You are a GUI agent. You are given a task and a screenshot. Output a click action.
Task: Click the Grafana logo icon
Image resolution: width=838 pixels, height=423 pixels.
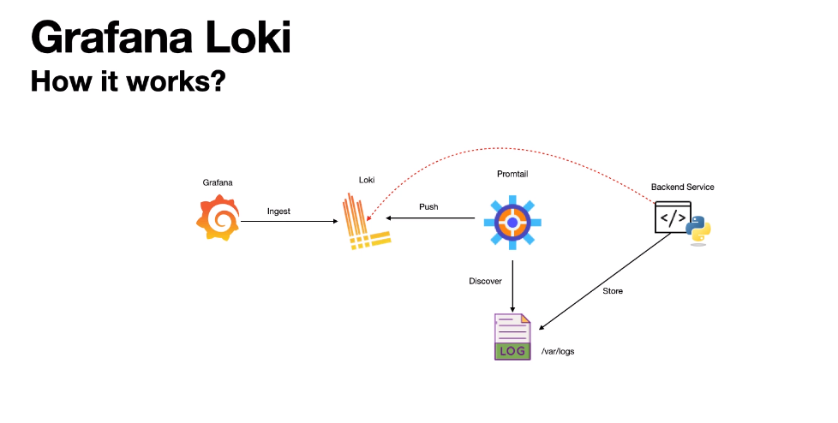218,217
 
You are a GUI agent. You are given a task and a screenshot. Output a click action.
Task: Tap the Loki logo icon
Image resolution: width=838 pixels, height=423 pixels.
367,221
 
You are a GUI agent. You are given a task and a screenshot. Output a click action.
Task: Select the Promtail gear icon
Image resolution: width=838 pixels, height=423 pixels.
512,222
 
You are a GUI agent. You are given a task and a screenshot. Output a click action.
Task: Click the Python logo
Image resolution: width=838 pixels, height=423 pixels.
698,230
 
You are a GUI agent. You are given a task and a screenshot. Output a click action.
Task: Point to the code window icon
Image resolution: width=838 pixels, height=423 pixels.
673,217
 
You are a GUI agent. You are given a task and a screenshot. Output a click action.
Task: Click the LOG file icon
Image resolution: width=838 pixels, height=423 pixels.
512,337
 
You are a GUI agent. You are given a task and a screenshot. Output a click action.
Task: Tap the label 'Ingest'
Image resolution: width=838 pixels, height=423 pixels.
278,211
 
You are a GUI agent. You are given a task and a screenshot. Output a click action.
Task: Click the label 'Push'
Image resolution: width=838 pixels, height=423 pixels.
428,206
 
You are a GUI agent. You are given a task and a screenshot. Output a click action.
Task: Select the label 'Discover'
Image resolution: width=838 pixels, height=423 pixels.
485,281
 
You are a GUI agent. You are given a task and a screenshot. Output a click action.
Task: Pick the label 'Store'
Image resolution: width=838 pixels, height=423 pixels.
613,291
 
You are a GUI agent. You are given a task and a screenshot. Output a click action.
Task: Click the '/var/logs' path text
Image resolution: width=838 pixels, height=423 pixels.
558,351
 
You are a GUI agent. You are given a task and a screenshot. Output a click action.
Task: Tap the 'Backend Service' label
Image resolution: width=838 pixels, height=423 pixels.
682,187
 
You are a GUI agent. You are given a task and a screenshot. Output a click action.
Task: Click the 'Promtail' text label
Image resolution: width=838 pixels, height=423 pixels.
512,174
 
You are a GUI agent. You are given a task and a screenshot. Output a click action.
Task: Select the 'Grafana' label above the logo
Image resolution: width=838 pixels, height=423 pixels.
218,182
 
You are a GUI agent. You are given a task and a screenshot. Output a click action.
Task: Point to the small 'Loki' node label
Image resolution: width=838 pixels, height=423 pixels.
367,180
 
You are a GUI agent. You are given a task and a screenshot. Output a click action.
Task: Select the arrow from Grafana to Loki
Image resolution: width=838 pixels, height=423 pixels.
289,221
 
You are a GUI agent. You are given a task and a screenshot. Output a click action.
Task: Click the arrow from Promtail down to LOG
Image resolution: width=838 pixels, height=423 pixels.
512,286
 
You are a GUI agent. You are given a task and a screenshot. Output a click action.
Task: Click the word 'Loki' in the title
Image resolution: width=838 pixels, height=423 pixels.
248,38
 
